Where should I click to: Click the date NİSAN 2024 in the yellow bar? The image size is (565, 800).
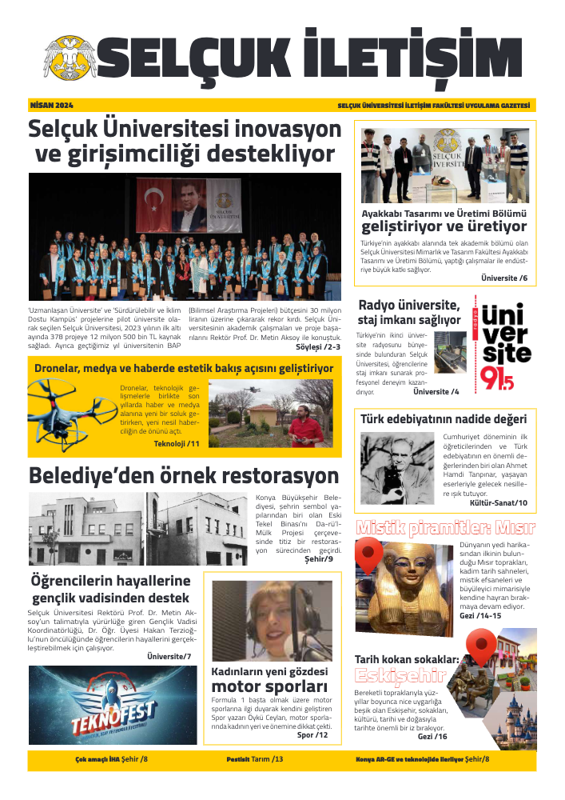pyautogui.click(x=51, y=106)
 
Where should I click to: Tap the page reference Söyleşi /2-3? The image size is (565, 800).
pyautogui.click(x=318, y=347)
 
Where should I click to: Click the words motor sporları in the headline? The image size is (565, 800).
pyautogui.click(x=269, y=686)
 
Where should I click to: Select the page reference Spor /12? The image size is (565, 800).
pyautogui.click(x=312, y=734)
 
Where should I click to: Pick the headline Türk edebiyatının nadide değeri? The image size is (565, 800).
pyautogui.click(x=443, y=418)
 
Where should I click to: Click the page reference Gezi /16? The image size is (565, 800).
pyautogui.click(x=432, y=736)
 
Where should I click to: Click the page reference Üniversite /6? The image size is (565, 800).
pyautogui.click(x=504, y=278)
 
